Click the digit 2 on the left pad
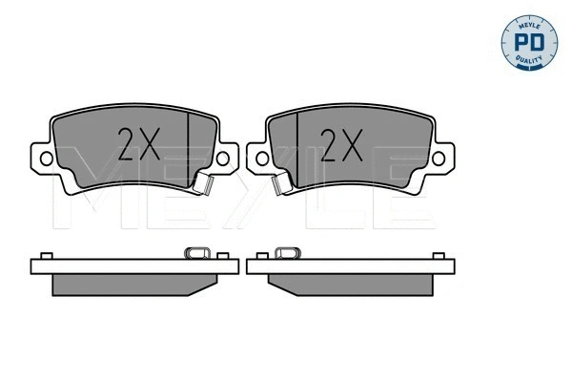(x=127, y=144)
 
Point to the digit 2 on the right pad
(x=328, y=144)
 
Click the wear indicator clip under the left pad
(x=202, y=183)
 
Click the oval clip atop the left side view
(x=197, y=253)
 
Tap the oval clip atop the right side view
(x=285, y=253)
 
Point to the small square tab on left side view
(x=44, y=256)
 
